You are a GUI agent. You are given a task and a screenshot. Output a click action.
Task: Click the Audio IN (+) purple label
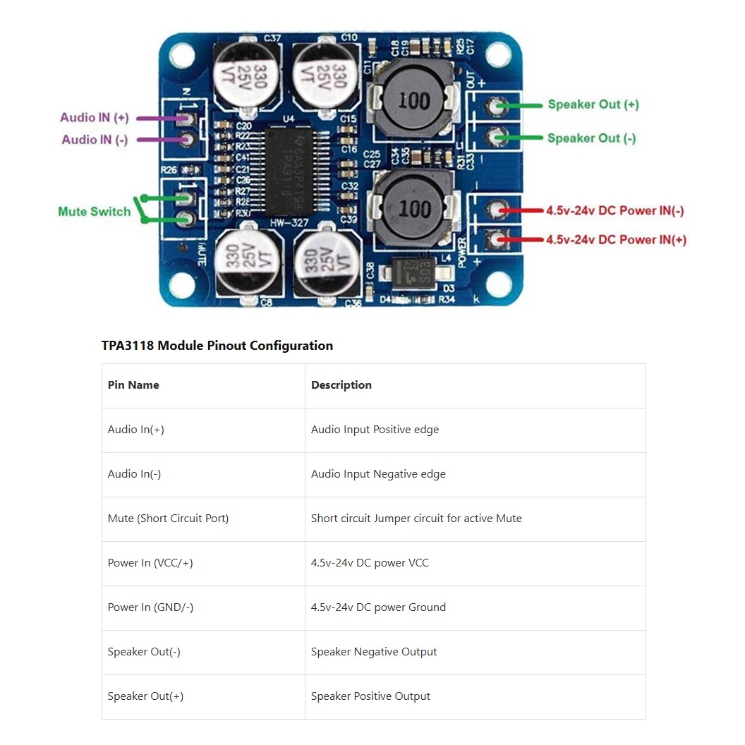(x=95, y=118)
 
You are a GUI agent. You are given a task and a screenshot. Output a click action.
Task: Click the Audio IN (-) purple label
(x=95, y=140)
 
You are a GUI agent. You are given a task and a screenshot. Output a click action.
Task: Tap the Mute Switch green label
(x=94, y=212)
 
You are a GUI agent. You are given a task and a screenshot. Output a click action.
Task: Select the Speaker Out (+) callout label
(x=593, y=104)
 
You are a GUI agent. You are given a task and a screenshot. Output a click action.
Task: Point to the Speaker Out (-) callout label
(x=591, y=138)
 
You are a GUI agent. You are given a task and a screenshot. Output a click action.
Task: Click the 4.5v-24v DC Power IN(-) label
(x=614, y=211)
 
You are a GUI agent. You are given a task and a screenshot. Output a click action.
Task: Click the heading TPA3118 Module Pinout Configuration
(x=217, y=346)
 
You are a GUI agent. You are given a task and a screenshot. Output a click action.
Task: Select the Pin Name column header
(x=133, y=385)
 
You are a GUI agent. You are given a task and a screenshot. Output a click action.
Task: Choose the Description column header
(x=341, y=385)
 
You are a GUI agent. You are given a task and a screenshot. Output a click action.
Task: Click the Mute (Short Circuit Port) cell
(x=168, y=519)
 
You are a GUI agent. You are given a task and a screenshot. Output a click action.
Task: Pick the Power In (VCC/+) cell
(x=150, y=563)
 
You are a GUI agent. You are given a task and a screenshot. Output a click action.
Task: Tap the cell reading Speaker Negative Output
(x=374, y=652)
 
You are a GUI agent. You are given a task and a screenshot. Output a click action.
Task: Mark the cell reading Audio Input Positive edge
(x=375, y=430)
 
